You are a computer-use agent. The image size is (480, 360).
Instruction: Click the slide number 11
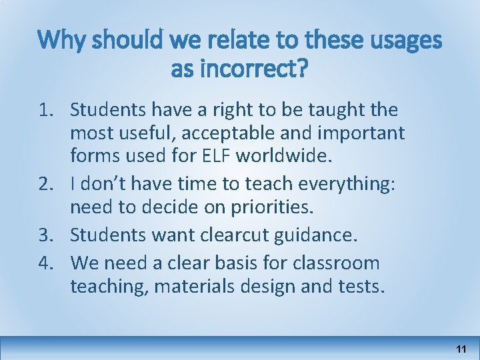(x=460, y=349)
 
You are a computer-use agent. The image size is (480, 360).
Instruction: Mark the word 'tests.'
(x=360, y=287)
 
